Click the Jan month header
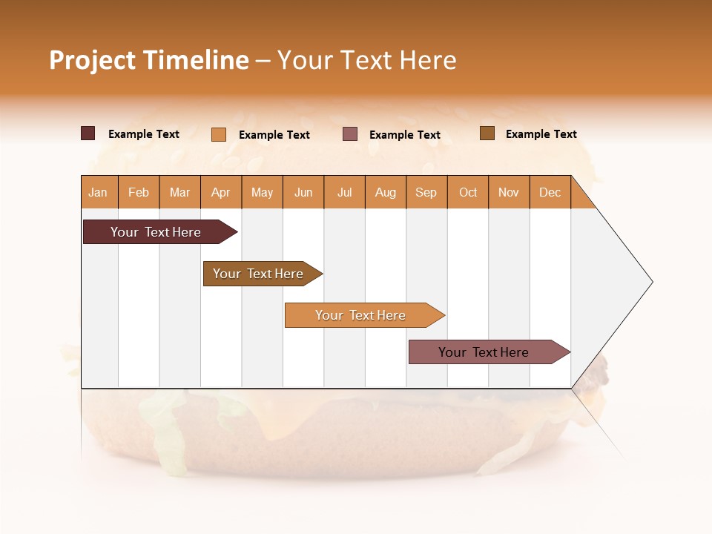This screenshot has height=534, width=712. coord(99,192)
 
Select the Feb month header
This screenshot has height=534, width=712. coord(139,192)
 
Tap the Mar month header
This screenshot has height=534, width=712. coord(179,192)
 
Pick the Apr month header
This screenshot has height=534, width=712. coord(221,192)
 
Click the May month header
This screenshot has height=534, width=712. coord(262,192)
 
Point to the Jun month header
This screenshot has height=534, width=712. coord(303,192)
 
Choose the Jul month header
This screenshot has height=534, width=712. coord(344,192)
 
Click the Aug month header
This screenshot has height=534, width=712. coord(386,192)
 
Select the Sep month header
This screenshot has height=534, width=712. coord(426,192)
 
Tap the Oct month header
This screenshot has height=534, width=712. coord(468,192)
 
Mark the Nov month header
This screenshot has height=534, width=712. coord(509,192)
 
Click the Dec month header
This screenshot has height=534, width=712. coord(550,192)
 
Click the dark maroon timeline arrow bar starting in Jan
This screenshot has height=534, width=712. coord(156,232)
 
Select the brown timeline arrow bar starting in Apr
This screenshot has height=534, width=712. coord(258,274)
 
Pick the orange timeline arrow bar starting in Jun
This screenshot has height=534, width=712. coord(360,315)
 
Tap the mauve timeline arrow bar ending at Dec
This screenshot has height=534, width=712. coord(484,352)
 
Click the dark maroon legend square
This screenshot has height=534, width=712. coord(88,133)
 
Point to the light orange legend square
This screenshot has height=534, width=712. coord(218,134)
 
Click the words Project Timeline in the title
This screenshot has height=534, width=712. coord(148,60)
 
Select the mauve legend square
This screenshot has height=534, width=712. coord(350,133)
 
